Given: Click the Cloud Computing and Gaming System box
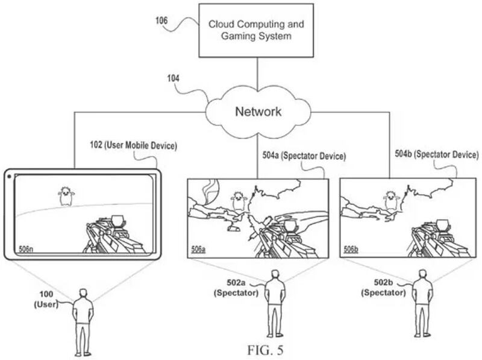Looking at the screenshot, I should pos(257,31).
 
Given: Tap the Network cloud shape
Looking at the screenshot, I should pos(258,112).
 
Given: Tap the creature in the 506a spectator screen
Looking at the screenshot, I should pos(240,203).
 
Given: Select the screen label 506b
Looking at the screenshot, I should pos(351,249).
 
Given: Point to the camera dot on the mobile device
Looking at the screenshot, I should pos(10,176).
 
